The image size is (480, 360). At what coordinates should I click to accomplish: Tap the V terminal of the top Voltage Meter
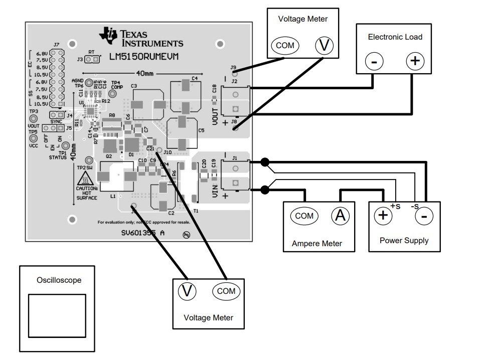click(325, 46)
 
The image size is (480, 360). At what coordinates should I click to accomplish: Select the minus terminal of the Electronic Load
click(374, 62)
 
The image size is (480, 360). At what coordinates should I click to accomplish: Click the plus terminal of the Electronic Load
click(415, 61)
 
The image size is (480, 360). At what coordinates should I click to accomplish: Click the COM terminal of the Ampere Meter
click(304, 216)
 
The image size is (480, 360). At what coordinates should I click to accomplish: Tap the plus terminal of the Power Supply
click(383, 216)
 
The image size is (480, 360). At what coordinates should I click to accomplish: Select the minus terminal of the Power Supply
click(424, 216)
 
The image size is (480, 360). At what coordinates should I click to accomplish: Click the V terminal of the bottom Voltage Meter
click(187, 291)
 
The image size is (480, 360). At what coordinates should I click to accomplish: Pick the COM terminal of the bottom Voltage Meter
click(226, 291)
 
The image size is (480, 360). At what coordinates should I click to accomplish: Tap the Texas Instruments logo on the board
click(108, 34)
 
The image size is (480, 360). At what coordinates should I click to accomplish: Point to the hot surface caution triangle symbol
click(87, 178)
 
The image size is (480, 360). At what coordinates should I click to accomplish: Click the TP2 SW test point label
click(85, 167)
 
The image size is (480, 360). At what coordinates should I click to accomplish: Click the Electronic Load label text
click(395, 37)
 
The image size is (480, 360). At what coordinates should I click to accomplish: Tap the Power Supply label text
click(404, 240)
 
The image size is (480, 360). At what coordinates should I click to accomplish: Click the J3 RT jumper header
click(91, 60)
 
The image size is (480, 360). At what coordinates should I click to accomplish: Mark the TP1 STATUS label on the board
click(61, 155)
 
